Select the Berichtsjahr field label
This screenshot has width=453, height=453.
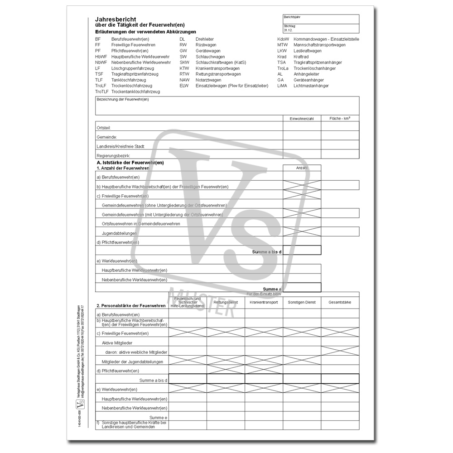[x=292, y=17]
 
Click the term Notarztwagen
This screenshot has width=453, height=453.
[x=209, y=80]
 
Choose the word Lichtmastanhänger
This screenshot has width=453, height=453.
[x=311, y=86]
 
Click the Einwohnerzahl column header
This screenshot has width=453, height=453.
[x=302, y=119]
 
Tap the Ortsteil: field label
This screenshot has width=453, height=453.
[x=104, y=129]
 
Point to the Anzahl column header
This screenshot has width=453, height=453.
[x=302, y=168]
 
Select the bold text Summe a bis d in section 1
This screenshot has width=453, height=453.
[x=267, y=251]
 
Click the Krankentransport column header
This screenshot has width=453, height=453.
[x=264, y=302]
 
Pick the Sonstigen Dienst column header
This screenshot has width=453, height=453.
[x=302, y=302]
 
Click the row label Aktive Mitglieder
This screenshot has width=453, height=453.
[x=117, y=343]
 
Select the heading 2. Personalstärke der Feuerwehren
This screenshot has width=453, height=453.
[x=131, y=306]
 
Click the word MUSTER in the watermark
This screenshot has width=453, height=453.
[x=202, y=301]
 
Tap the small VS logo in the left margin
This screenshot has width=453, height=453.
[x=82, y=404]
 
